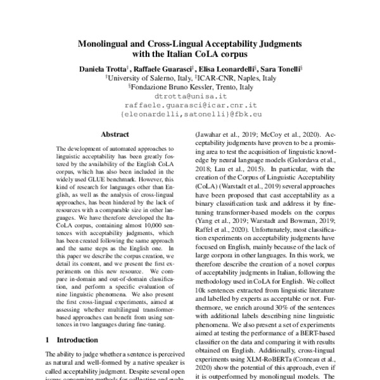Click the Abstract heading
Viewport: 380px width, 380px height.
click(x=115, y=134)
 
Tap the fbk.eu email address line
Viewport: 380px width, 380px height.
click(x=190, y=114)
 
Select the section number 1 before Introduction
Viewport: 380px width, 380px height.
click(x=48, y=340)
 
